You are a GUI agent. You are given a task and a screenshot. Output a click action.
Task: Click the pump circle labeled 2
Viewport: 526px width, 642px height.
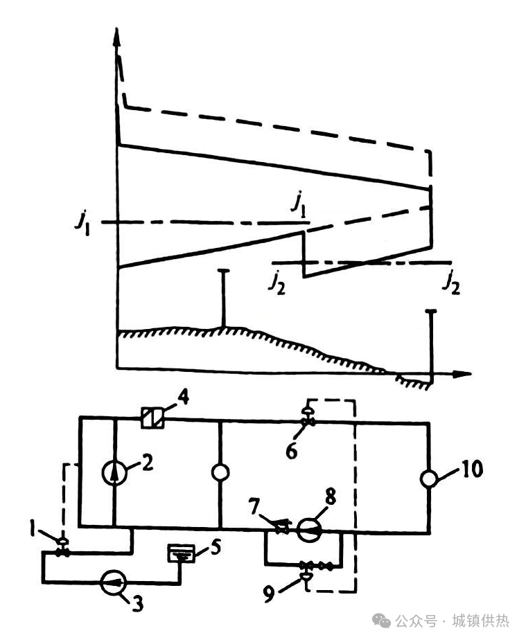(114, 473)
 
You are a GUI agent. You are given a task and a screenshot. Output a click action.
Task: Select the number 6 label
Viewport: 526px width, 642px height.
(292, 451)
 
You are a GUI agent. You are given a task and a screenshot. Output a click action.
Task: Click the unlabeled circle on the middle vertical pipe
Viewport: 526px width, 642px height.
(220, 473)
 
